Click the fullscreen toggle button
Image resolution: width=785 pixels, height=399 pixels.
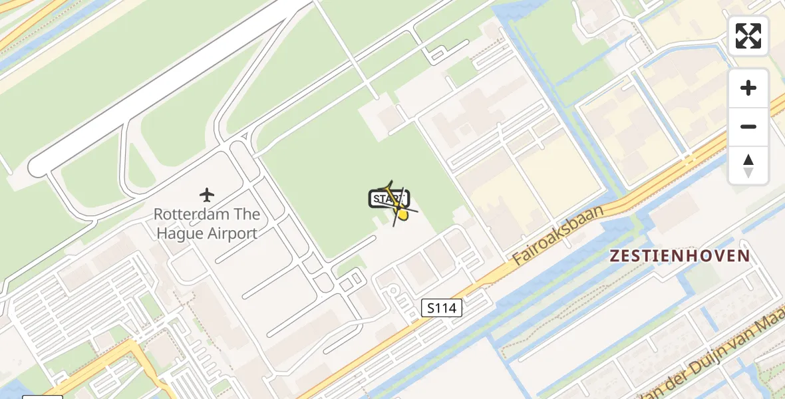(748, 36)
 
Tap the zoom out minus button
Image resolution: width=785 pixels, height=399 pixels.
(748, 126)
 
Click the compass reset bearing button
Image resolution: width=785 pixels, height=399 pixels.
(748, 166)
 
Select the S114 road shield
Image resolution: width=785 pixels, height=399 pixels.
(442, 307)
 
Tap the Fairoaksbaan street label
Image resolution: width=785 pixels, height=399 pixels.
(558, 235)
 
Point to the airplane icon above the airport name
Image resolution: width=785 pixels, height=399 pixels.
(207, 195)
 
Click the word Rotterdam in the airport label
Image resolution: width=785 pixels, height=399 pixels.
(188, 215)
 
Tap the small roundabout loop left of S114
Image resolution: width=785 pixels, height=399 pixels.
(392, 291)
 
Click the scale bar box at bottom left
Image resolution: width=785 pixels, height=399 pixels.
(42, 396)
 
